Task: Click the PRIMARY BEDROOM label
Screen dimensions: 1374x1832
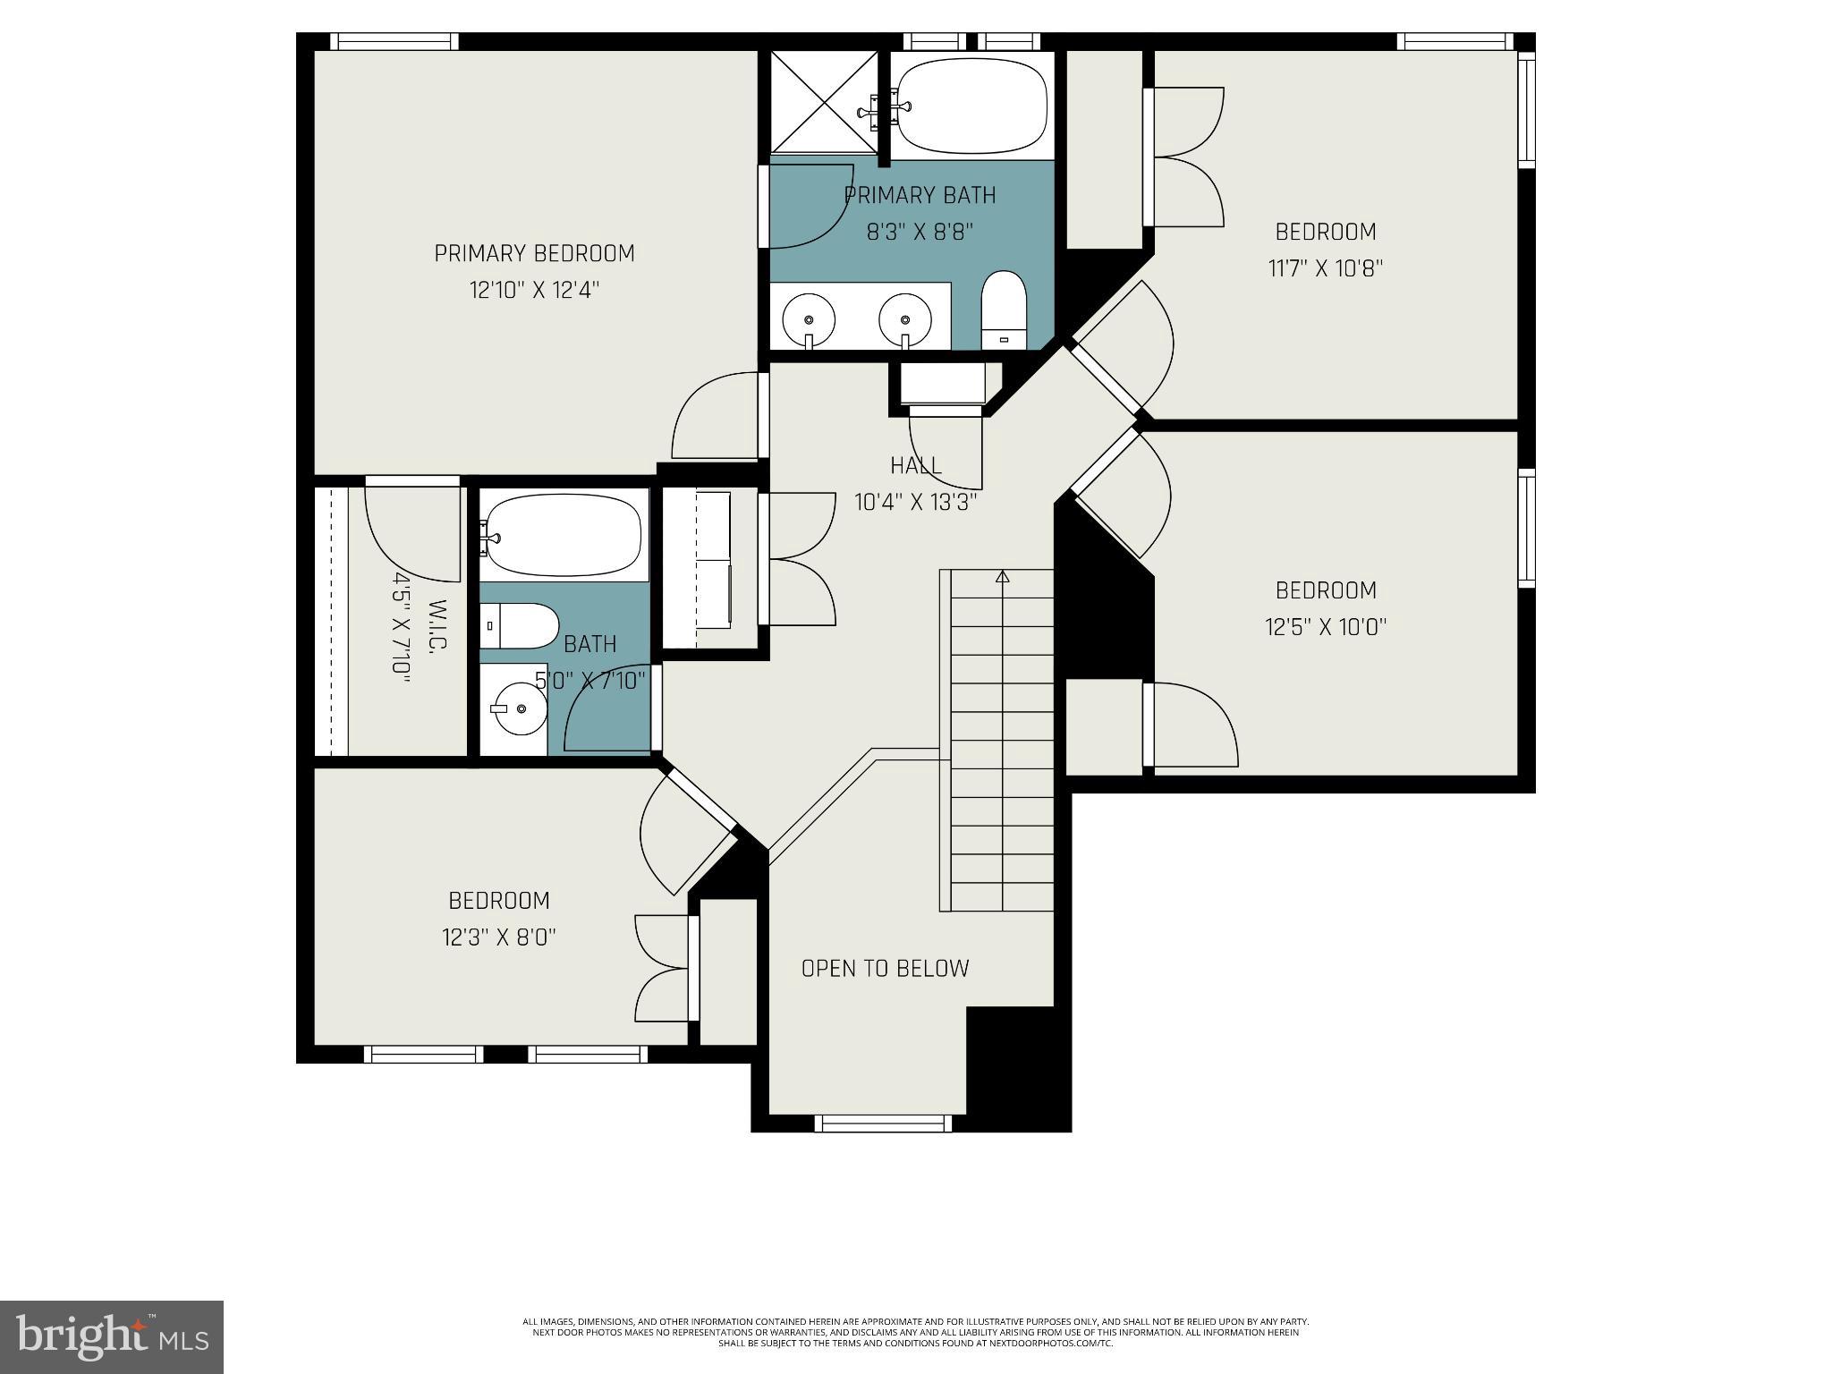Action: point(534,254)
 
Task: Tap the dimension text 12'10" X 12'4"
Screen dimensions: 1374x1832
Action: point(534,291)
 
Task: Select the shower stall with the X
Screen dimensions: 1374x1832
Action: point(824,101)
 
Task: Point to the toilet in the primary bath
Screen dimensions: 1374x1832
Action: point(1004,310)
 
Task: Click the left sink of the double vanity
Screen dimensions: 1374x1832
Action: point(809,319)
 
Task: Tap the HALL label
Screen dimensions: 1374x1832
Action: point(915,465)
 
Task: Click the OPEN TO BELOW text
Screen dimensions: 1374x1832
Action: point(885,968)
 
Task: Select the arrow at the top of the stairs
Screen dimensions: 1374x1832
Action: point(1002,577)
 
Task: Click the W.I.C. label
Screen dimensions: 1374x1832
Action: point(437,625)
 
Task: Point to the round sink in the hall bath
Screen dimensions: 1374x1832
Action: point(515,709)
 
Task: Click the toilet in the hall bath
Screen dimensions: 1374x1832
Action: point(518,625)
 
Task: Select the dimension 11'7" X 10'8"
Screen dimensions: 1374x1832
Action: point(1326,268)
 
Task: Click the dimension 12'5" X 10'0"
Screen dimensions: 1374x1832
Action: point(1326,627)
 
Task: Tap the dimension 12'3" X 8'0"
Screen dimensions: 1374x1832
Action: point(499,937)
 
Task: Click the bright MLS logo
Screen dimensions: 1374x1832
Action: point(112,1336)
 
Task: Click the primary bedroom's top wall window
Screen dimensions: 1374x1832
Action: point(394,41)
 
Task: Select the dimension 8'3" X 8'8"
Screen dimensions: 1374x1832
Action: point(920,232)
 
